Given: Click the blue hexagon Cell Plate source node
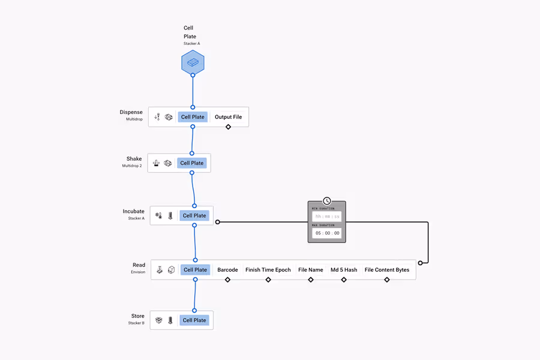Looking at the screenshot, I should [193, 62].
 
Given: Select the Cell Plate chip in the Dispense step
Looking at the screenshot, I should [193, 117].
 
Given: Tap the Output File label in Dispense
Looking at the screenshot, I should [228, 117].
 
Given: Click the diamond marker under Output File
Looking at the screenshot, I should [228, 127].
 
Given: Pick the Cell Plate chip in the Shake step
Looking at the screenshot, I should [192, 163].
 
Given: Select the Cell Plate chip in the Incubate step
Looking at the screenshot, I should [194, 215].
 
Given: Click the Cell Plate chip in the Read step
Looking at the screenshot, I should [195, 270].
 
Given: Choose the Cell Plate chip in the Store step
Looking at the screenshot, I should [194, 320].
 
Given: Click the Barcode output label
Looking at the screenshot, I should [227, 270].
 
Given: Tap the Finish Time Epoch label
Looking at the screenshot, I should [268, 270].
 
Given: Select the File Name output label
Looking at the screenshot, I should [311, 270].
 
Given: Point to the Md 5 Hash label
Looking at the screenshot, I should [344, 270].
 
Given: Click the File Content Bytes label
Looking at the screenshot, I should [387, 270].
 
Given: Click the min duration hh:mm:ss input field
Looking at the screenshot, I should [327, 217].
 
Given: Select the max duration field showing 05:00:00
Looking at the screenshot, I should [327, 233].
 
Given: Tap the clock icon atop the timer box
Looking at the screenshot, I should [327, 201].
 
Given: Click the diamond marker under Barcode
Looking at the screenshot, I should [227, 280].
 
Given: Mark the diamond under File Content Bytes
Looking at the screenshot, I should [387, 280].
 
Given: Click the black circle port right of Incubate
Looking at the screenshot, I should [218, 222].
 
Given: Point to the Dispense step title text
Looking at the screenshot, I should [131, 112].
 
